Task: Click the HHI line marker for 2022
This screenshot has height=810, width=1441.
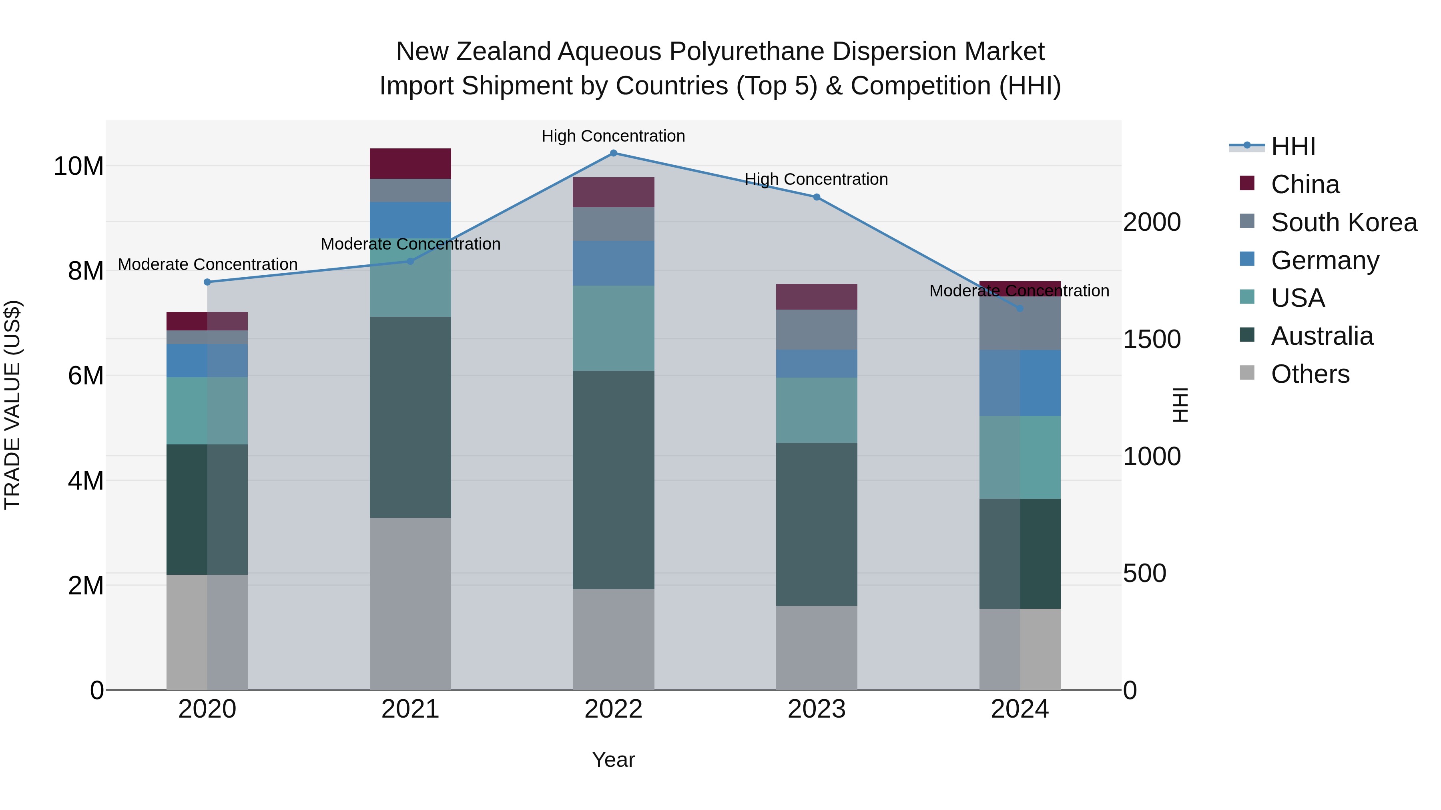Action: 613,153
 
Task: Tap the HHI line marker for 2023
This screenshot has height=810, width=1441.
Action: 817,197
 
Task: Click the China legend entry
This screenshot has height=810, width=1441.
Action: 1305,184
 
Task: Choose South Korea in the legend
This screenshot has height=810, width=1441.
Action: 1344,222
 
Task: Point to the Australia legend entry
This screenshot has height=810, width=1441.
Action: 1321,336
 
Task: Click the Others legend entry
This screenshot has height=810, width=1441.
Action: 1310,374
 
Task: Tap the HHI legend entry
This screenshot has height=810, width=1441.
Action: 1293,146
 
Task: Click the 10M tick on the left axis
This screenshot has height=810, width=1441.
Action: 79,166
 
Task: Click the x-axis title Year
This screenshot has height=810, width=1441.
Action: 613,760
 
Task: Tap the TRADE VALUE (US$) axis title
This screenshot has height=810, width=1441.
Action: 12,405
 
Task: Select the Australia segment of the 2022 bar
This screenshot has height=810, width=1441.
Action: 613,480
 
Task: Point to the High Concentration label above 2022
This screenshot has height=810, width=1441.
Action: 613,136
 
